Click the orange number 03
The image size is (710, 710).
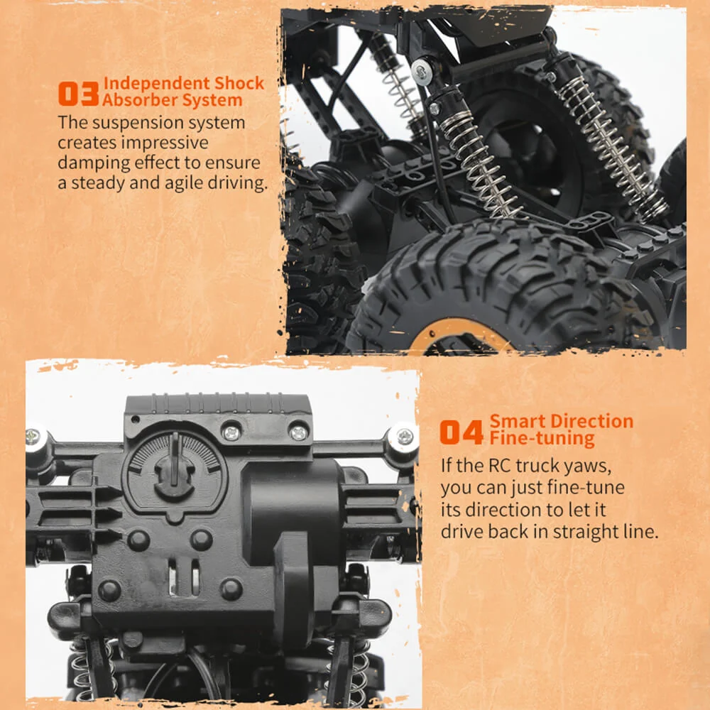[78, 94]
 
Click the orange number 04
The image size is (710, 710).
[461, 432]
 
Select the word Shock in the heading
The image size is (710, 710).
[239, 83]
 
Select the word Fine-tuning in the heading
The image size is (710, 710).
[542, 438]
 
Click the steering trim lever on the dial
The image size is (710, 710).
[175, 458]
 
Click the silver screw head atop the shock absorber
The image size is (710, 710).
[422, 71]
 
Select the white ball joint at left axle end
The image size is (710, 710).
[36, 437]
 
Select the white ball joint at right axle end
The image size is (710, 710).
[403, 437]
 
